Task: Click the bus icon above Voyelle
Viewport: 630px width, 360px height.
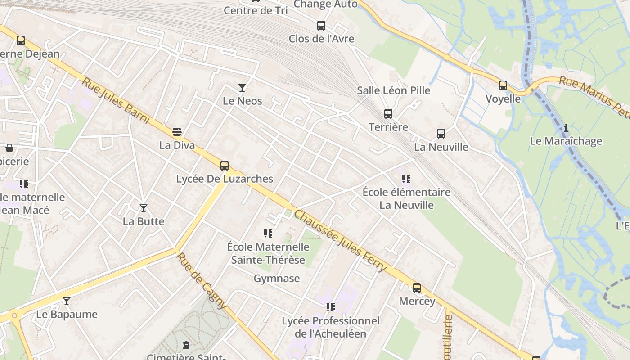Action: click(x=503, y=85)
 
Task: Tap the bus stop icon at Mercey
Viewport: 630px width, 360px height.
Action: click(x=417, y=288)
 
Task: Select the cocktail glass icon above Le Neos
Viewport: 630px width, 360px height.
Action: click(x=242, y=87)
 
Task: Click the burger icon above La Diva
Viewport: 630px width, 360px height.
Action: click(x=177, y=132)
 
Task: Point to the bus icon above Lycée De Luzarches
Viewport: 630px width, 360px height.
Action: click(x=225, y=165)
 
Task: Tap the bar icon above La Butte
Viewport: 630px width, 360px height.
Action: click(x=144, y=208)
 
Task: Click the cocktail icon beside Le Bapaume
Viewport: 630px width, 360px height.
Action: click(x=67, y=301)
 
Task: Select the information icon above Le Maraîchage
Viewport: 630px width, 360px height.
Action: click(x=566, y=128)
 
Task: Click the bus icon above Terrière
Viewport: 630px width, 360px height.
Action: click(x=388, y=114)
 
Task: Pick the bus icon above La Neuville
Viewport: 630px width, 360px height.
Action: click(x=441, y=134)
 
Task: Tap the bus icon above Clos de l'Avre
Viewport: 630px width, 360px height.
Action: click(x=321, y=25)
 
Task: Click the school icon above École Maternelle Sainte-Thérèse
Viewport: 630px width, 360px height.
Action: click(x=268, y=233)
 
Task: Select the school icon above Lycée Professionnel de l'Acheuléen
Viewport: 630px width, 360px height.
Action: click(x=331, y=307)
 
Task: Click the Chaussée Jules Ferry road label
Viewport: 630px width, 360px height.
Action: click(x=340, y=241)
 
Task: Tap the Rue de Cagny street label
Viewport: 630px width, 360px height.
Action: click(x=202, y=281)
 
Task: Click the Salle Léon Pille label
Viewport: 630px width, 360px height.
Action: click(x=394, y=90)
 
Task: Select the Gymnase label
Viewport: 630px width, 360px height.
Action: click(x=277, y=279)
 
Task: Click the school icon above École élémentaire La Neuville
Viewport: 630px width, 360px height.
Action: click(x=406, y=179)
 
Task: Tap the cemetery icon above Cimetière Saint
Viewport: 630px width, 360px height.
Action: click(x=186, y=346)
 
